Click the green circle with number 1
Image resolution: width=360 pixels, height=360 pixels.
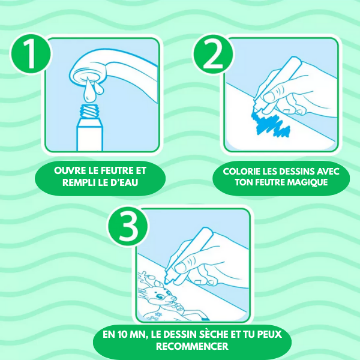[31, 54]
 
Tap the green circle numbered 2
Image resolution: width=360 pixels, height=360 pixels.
[213, 55]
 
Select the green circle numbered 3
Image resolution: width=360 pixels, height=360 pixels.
[128, 226]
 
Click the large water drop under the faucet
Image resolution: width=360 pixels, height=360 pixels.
[89, 91]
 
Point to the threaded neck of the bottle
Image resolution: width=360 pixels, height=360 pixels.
[89, 110]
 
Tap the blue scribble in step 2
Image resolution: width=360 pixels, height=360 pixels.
[271, 124]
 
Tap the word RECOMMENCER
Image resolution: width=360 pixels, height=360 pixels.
[193, 346]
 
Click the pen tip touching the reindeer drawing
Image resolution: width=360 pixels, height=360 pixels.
[167, 281]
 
